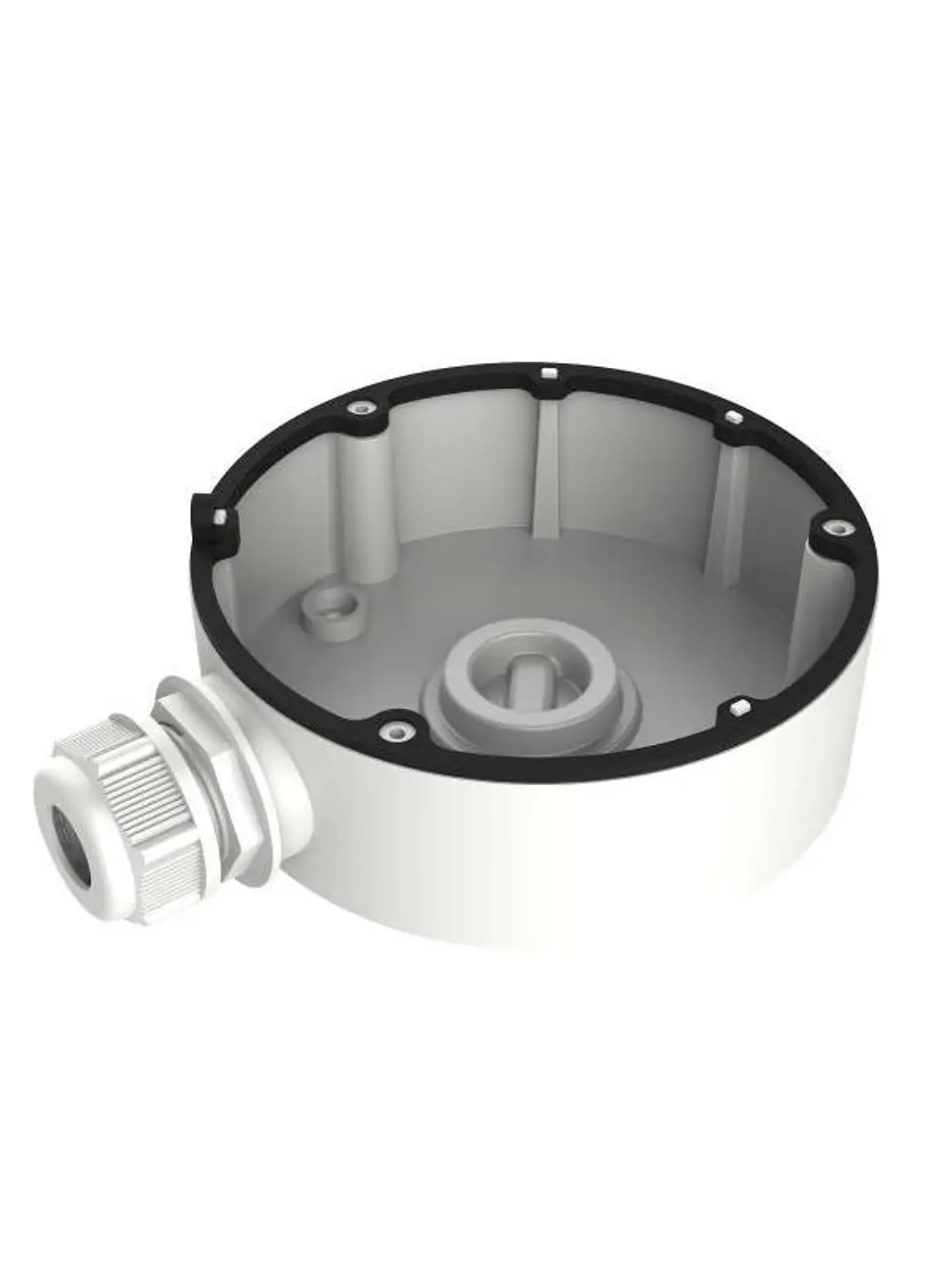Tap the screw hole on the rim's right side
click(x=839, y=527)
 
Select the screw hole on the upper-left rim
click(x=360, y=409)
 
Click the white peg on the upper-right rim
click(x=732, y=417)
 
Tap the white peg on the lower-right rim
click(x=737, y=708)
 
